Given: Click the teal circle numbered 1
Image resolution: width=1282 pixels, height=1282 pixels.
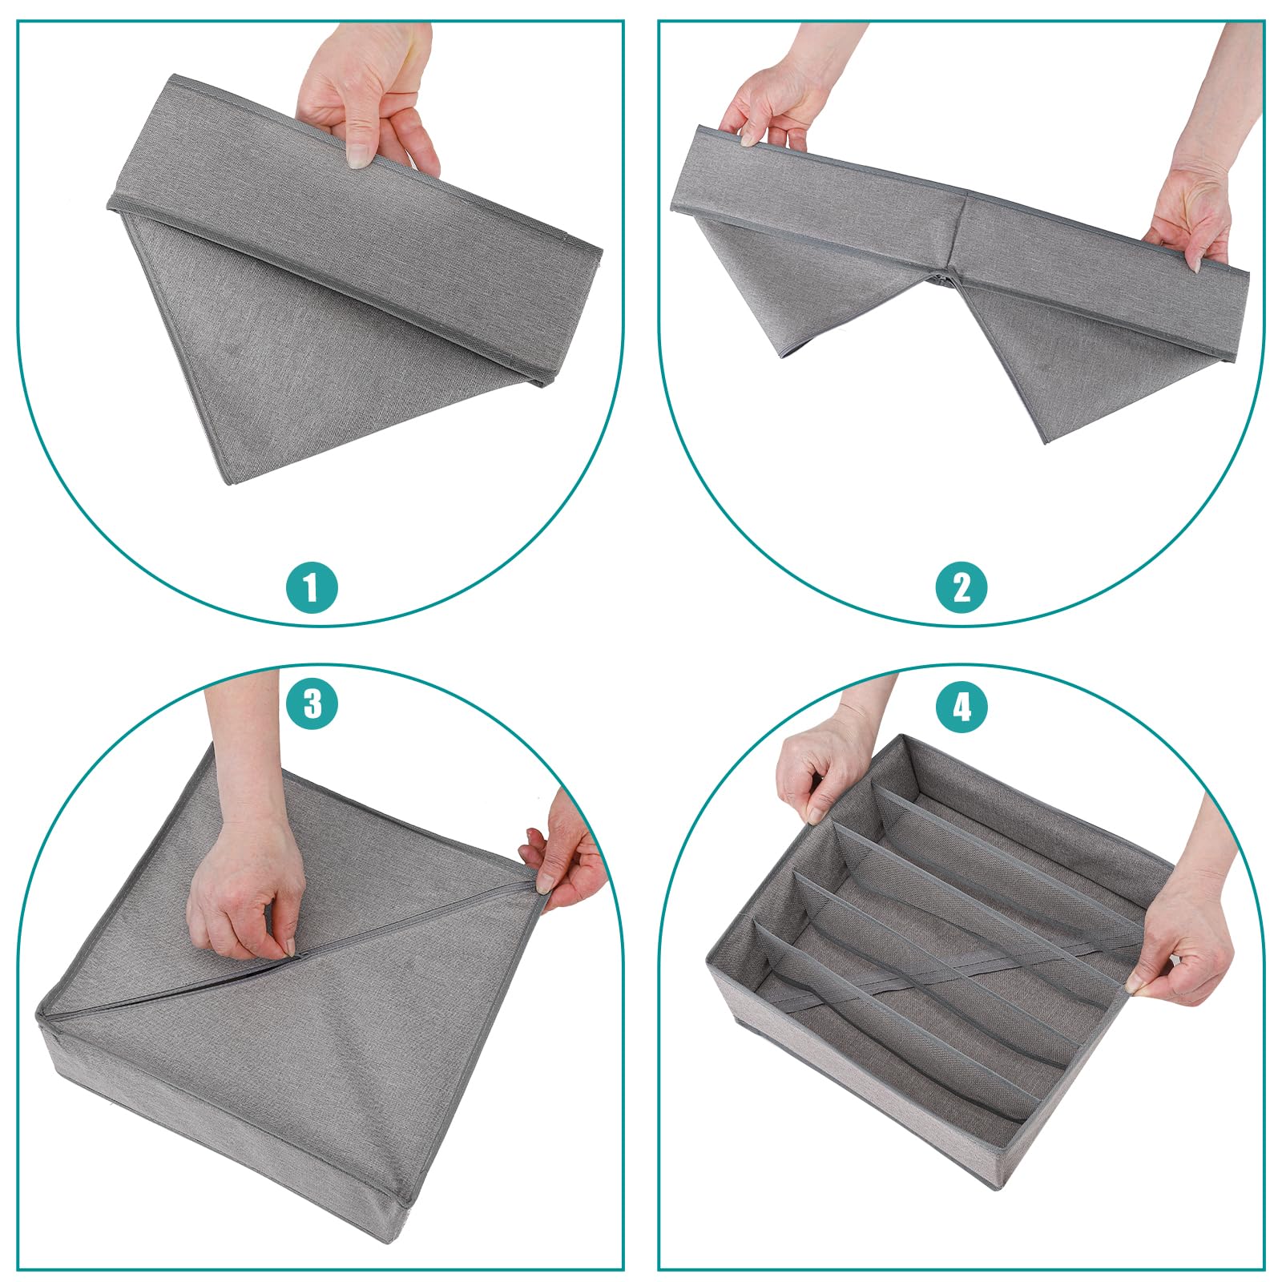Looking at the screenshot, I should [312, 587].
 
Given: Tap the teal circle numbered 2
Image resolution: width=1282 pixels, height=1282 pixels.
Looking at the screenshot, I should [961, 587].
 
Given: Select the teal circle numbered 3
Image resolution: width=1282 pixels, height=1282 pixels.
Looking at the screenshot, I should [312, 704].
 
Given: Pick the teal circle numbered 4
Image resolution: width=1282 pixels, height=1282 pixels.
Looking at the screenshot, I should [961, 707].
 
